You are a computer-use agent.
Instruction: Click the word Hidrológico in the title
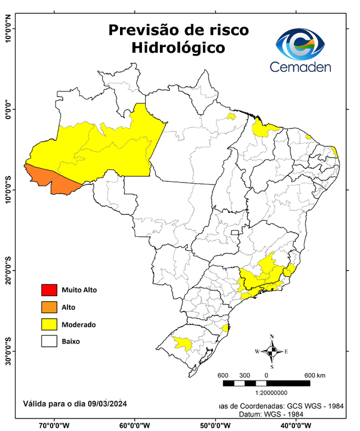tap(178, 48)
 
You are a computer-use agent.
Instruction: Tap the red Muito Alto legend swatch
tap(49, 290)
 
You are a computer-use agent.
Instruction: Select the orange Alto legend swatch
tap(49, 307)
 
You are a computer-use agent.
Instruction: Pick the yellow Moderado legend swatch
tap(49, 324)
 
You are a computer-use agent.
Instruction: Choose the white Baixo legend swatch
tap(49, 341)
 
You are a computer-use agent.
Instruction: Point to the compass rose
tap(272, 351)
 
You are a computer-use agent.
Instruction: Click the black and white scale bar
tap(266, 383)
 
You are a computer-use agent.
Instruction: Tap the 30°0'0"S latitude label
tap(8, 350)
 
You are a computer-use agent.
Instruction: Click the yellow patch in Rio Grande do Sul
tap(181, 342)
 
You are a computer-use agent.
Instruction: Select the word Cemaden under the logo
tap(300, 67)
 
